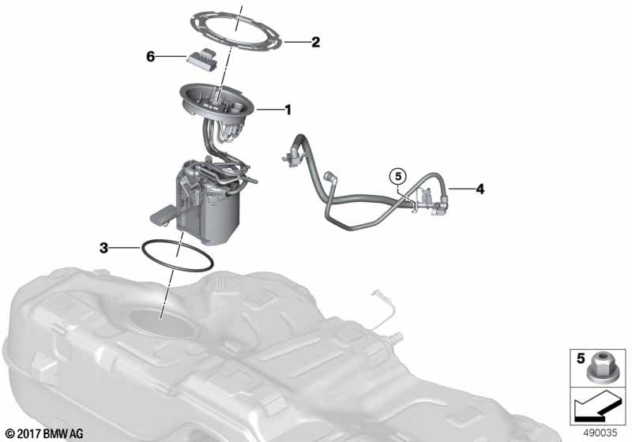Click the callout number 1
(x=288, y=110)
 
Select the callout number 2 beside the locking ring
(x=315, y=42)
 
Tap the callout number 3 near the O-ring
(x=104, y=248)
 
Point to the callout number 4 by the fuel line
(x=480, y=189)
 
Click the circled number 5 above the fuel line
(x=398, y=176)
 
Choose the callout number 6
(x=150, y=57)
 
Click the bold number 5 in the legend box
(x=581, y=358)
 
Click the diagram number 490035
(x=600, y=433)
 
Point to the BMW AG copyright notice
(x=45, y=434)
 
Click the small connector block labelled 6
(x=202, y=59)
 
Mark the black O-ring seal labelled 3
(x=177, y=255)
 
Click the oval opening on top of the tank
(x=162, y=322)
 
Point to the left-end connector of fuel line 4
(x=291, y=156)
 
